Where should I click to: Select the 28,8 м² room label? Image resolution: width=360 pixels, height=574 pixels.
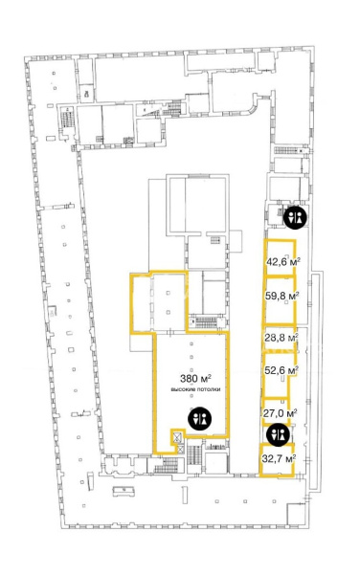click(x=281, y=337)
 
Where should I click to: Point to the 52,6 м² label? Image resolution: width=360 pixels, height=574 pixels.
click(x=281, y=370)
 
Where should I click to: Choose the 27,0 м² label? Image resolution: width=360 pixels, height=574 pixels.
click(x=280, y=413)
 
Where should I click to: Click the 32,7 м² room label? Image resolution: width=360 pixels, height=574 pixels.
click(x=279, y=458)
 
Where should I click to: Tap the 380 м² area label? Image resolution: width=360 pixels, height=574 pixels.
click(x=195, y=378)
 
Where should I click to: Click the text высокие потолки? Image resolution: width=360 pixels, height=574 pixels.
click(x=195, y=389)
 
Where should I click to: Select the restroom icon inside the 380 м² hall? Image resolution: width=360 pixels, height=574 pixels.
click(x=200, y=418)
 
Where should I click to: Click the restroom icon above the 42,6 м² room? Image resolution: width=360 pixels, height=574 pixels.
click(x=296, y=217)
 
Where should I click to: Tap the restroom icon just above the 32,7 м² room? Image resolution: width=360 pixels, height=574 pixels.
click(x=279, y=434)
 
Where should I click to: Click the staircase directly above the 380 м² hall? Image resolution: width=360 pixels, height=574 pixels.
click(x=206, y=322)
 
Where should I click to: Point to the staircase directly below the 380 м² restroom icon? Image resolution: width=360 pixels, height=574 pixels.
click(x=194, y=455)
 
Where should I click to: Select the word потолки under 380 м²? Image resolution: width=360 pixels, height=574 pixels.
click(x=209, y=389)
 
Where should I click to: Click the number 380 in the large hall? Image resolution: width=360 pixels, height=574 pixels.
click(x=189, y=378)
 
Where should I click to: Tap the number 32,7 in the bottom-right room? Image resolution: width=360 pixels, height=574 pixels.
click(x=271, y=458)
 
